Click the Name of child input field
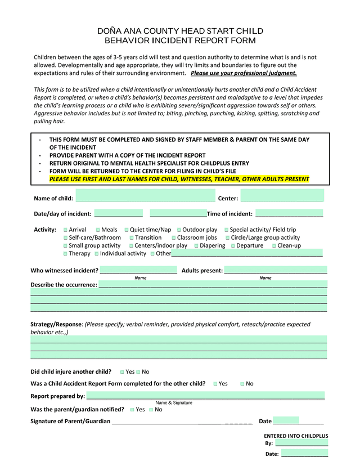145,198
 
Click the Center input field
282,198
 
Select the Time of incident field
289,213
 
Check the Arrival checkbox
66,230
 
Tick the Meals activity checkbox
98,230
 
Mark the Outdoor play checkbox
179,230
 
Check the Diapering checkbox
197,245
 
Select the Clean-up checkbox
274,245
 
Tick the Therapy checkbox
66,254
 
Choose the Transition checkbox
132,238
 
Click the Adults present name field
275,270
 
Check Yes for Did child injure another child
122,372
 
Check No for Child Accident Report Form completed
242,384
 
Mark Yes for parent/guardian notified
132,410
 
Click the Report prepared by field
205,396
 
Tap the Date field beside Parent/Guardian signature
298,421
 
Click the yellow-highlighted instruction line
179,179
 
